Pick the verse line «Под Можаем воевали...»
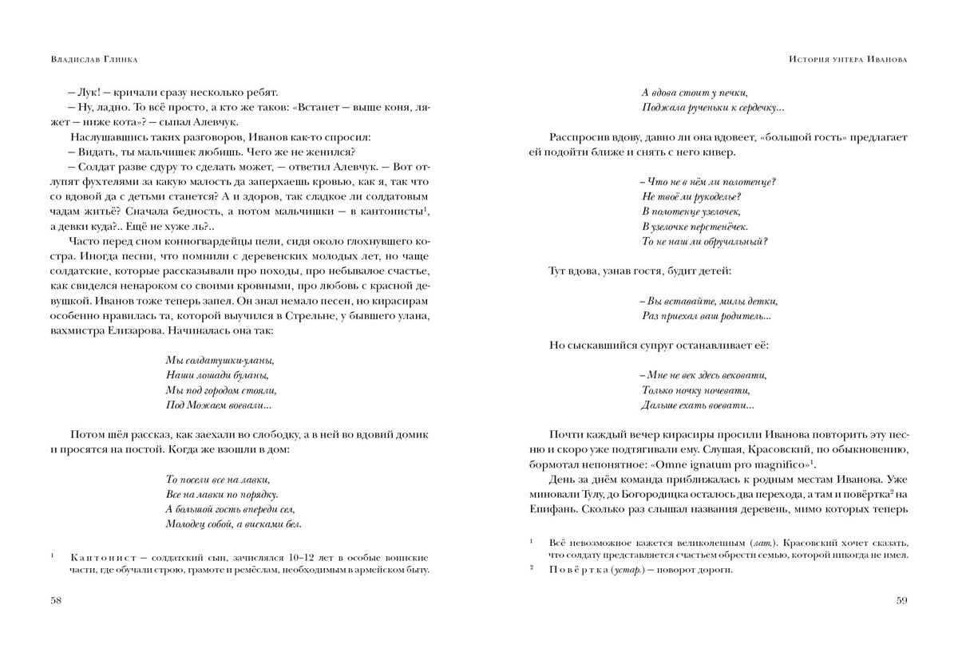point(218,405)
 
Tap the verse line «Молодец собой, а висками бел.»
point(233,524)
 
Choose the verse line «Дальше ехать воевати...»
point(698,405)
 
